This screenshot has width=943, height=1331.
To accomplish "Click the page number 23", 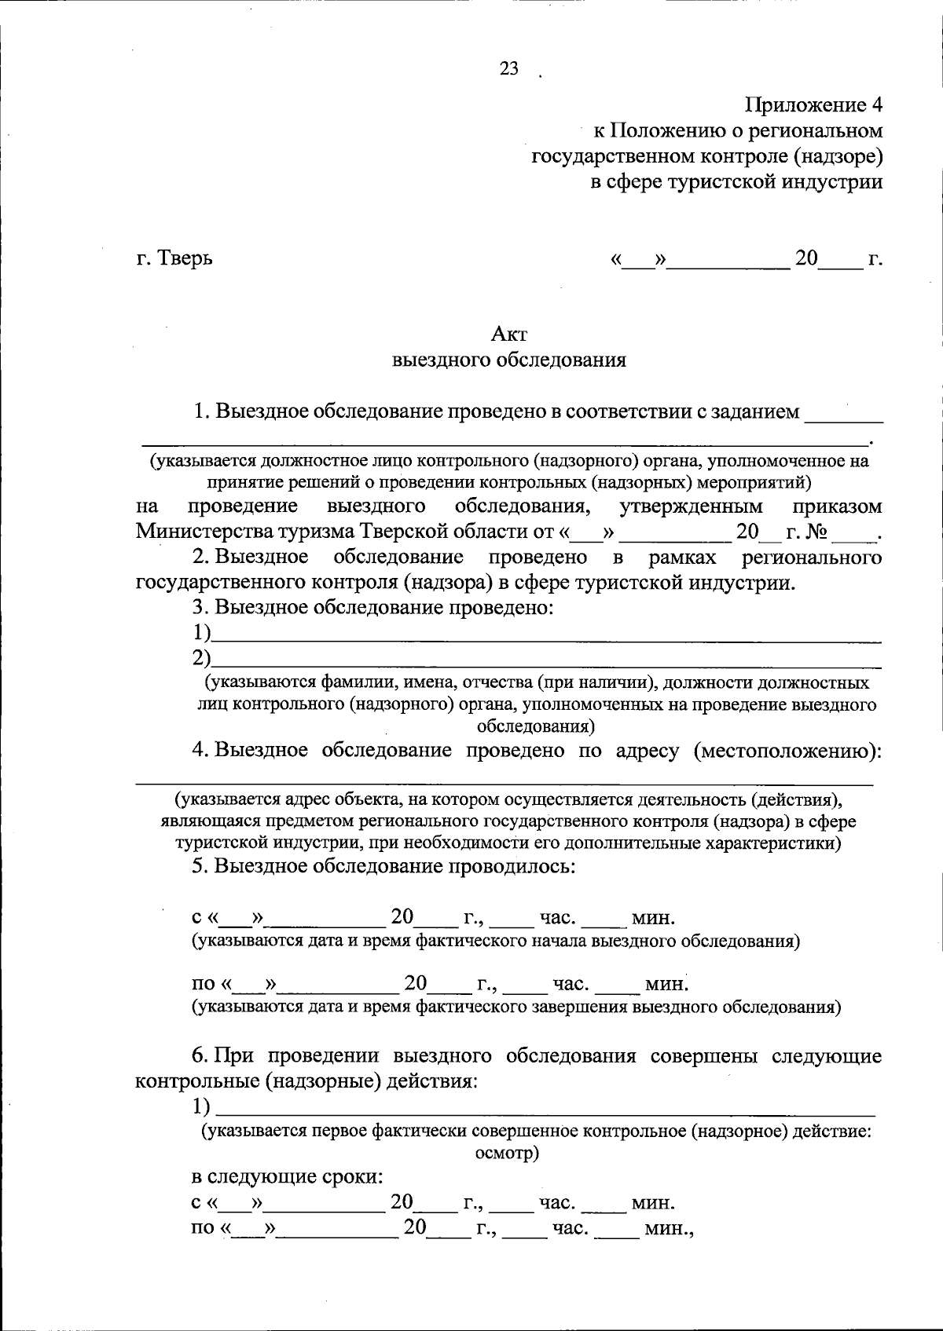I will click(508, 69).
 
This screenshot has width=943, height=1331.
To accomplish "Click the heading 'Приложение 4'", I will click(814, 104).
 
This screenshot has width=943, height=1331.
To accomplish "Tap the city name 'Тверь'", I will click(186, 258).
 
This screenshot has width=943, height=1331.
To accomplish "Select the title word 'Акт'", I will click(508, 335).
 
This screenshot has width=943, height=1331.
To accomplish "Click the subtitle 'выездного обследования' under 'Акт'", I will click(508, 360).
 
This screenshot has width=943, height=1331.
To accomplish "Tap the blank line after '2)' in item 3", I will click(546, 660).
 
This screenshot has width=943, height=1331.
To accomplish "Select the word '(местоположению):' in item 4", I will click(787, 750).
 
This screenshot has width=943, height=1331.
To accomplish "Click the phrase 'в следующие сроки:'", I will click(288, 1178).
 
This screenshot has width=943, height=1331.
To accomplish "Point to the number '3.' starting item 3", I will click(200, 607).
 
